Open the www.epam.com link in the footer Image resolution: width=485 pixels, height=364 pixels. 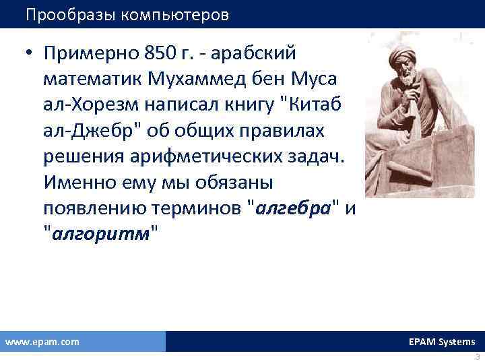(x=42, y=342)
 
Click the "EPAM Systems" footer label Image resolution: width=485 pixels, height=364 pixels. (x=442, y=342)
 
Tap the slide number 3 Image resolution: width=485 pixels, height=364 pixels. (x=477, y=358)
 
